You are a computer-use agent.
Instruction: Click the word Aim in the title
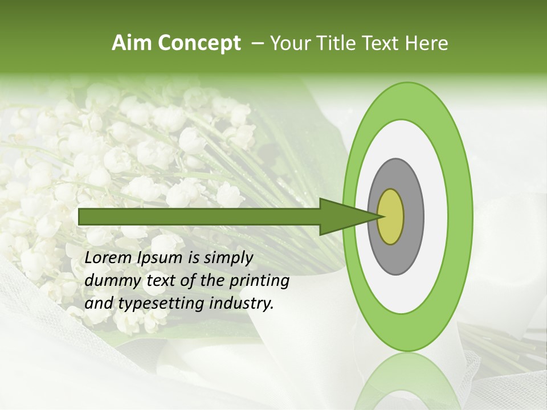pos(131,43)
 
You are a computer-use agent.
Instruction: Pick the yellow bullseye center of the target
pos(390,216)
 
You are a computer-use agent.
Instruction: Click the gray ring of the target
pos(413,216)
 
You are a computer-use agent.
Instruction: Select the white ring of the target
pos(436,216)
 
